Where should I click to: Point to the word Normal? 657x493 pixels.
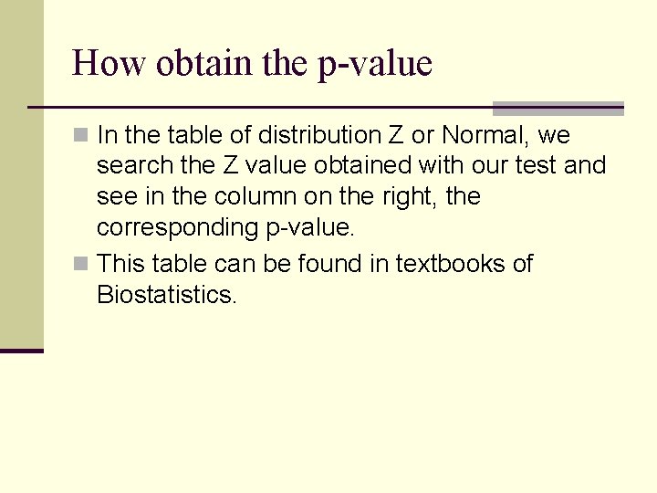[x=483, y=136]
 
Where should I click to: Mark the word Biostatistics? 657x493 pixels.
[x=166, y=295]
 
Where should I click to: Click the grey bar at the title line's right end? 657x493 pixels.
[x=558, y=109]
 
